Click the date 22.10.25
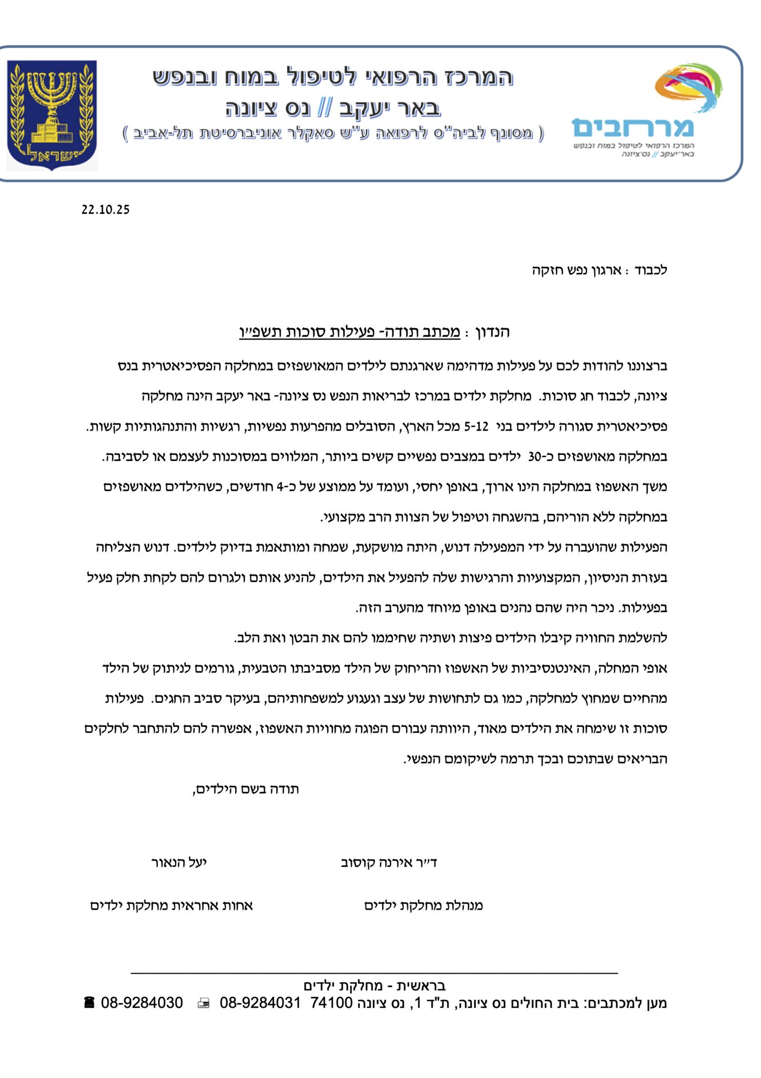click(105, 209)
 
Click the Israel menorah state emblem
click(52, 115)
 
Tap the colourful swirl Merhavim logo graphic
click(687, 88)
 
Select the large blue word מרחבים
click(633, 127)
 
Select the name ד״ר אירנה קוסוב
click(389, 863)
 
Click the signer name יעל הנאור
click(179, 863)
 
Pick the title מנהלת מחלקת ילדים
click(423, 905)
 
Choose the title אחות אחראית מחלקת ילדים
click(171, 905)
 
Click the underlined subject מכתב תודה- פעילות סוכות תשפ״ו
click(350, 332)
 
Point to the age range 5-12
click(476, 426)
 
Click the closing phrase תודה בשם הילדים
click(246, 789)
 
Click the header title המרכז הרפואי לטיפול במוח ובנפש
click(332, 77)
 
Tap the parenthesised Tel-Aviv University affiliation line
click(333, 133)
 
